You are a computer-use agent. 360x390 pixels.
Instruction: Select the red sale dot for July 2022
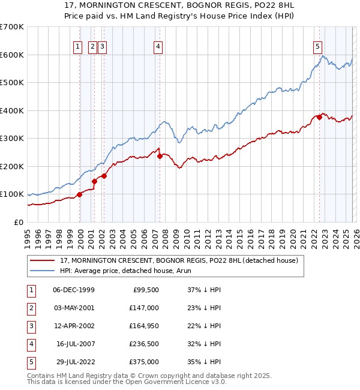(x=319, y=118)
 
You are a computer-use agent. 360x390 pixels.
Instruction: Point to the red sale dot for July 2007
(x=160, y=156)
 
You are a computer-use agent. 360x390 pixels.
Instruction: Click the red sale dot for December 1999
(x=79, y=194)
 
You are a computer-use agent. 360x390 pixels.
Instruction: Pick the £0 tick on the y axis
(x=19, y=223)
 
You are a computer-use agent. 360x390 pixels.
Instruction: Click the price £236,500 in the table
(x=145, y=344)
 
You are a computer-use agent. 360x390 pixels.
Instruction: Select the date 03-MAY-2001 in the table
(x=74, y=307)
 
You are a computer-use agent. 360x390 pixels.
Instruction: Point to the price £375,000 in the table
(x=145, y=362)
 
